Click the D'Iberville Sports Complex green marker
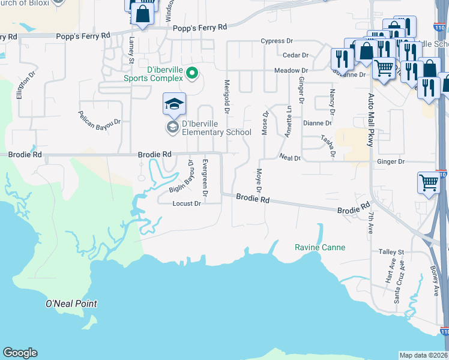192,74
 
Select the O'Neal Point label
71,304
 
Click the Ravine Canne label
320,247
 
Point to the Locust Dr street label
186,203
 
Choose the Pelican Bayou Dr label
100,118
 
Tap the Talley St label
392,252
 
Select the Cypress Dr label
276,41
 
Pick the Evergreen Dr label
205,178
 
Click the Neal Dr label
290,158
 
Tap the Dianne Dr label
317,123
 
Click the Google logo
20,353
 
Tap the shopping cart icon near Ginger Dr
429,182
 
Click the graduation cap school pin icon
174,104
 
